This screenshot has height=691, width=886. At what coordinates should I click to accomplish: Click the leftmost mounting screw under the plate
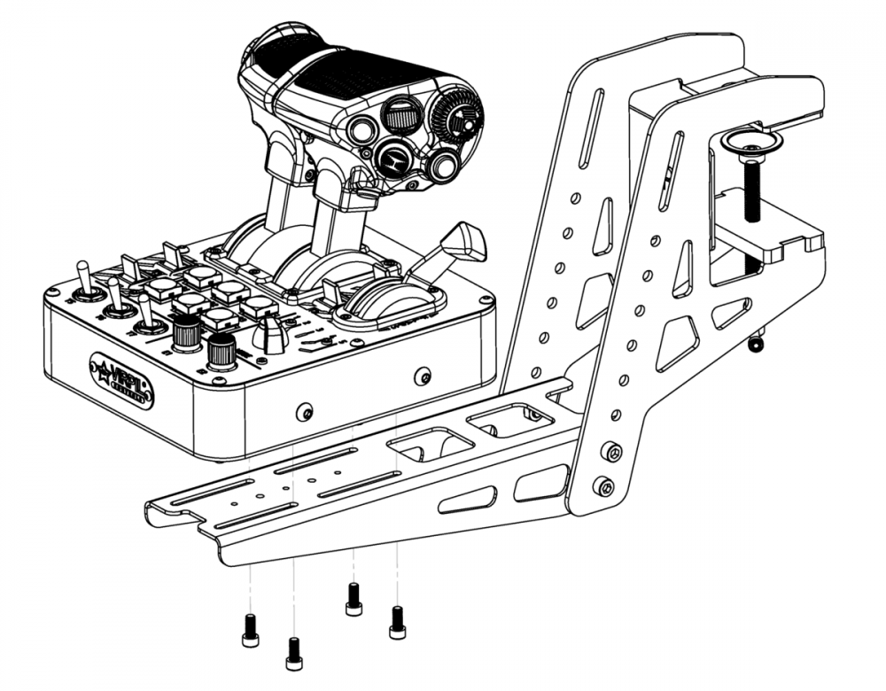tap(250, 630)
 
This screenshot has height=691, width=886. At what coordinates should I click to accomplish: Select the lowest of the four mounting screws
tap(294, 653)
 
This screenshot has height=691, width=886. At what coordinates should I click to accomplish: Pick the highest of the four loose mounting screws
tap(354, 599)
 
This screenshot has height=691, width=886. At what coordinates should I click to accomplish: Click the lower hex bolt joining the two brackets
tap(604, 485)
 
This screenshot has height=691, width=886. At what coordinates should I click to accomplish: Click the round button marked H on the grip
tap(390, 159)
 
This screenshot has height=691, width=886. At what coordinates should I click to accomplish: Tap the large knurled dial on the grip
tap(459, 120)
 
